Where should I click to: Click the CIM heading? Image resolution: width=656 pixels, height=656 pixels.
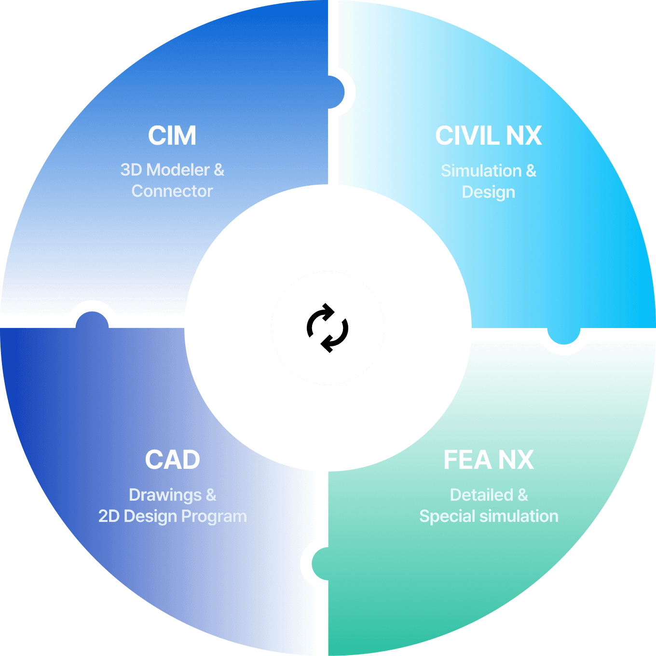172,136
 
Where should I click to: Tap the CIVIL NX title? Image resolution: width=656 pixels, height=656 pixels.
488,136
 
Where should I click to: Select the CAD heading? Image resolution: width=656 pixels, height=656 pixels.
172,460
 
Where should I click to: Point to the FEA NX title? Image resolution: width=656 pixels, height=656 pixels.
489,460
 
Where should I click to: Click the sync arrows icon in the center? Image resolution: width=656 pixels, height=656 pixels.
328,328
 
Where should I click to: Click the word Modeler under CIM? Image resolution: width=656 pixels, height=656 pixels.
178,169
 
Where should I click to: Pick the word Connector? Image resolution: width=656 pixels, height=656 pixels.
172,191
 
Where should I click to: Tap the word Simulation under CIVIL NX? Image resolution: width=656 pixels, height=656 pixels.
481,171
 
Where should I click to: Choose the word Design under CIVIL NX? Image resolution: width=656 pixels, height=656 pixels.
489,192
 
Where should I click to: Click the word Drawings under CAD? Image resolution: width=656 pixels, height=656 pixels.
165,495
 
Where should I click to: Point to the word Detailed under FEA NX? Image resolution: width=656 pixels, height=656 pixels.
481,494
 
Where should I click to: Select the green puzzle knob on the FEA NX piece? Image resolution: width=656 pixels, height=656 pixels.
320,564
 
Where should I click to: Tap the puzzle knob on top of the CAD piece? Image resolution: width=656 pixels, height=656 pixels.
92,320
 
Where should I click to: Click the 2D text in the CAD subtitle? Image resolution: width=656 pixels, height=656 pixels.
109,516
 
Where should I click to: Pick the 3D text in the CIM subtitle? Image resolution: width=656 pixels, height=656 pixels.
131,169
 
